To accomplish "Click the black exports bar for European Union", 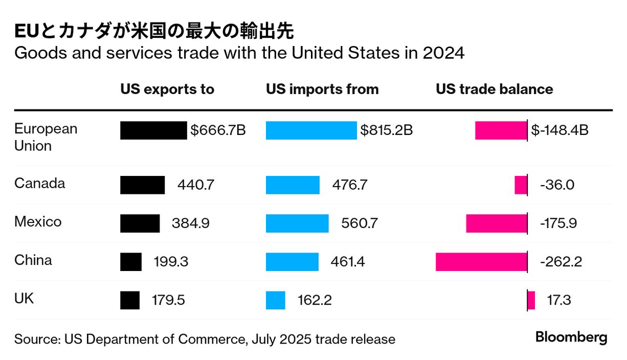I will point(153,130).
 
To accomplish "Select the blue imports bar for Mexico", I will point(297,223).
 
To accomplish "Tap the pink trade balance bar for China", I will point(481,262).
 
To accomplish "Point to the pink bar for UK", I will point(531,300).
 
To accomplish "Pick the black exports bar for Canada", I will point(142,185).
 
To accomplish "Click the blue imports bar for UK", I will point(275,300).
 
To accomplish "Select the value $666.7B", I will point(218,130).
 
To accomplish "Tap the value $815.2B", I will point(386,130).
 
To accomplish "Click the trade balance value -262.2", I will point(561,262).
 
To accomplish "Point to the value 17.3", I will point(559,300).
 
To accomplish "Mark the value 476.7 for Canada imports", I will point(350,185).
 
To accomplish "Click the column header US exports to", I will point(167,89).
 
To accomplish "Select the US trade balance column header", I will point(494,89).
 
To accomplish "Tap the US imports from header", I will point(322,89).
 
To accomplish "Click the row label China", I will point(33,260).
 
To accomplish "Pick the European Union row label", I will point(46,137).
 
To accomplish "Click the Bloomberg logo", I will point(571,337).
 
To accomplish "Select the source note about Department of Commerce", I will point(205,339).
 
